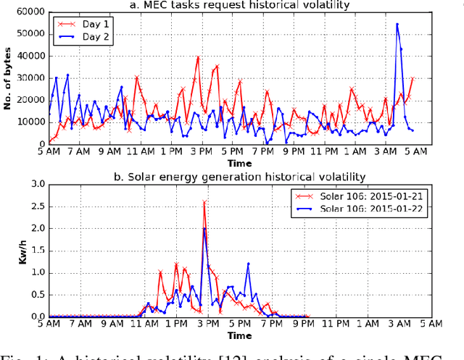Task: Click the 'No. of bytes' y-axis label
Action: coord(7,78)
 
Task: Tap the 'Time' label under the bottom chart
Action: coord(240,336)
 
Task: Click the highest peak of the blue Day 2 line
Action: coord(397,24)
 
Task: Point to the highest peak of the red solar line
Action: coord(204,202)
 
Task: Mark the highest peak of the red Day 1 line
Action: coord(198,56)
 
